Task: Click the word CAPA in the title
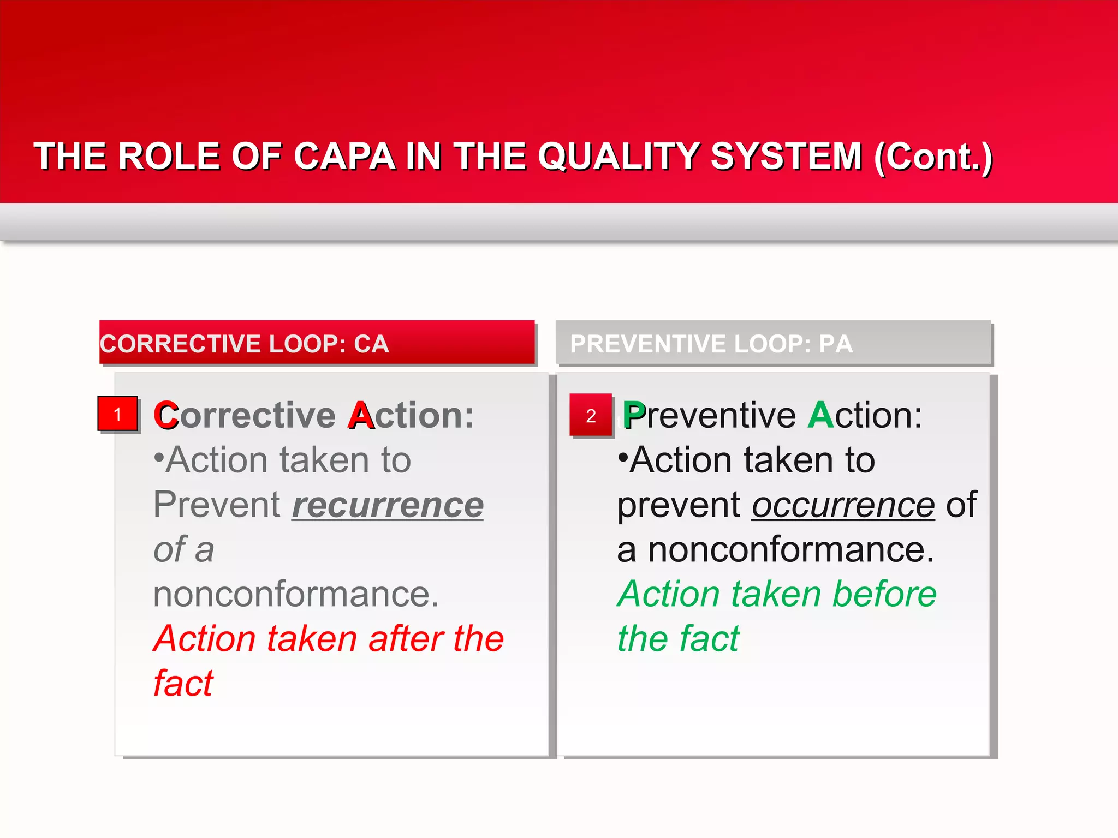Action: pyautogui.click(x=344, y=157)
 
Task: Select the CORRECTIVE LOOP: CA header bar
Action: pyautogui.click(x=317, y=343)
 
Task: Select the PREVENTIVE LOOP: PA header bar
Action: pyautogui.click(x=773, y=343)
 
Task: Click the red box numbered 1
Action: pyautogui.click(x=118, y=414)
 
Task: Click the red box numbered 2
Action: pyautogui.click(x=591, y=415)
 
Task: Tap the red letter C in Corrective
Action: pyautogui.click(x=166, y=416)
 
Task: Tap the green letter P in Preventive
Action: pyautogui.click(x=634, y=416)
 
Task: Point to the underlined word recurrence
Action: pyautogui.click(x=388, y=505)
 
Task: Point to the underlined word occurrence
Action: pyautogui.click(x=843, y=505)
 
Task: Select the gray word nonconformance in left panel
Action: pyautogui.click(x=296, y=594)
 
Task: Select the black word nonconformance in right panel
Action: pyautogui.click(x=775, y=550)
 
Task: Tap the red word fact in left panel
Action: pyautogui.click(x=183, y=683)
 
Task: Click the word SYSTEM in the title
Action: pyautogui.click(x=786, y=157)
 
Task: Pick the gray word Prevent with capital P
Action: pyautogui.click(x=216, y=505)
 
